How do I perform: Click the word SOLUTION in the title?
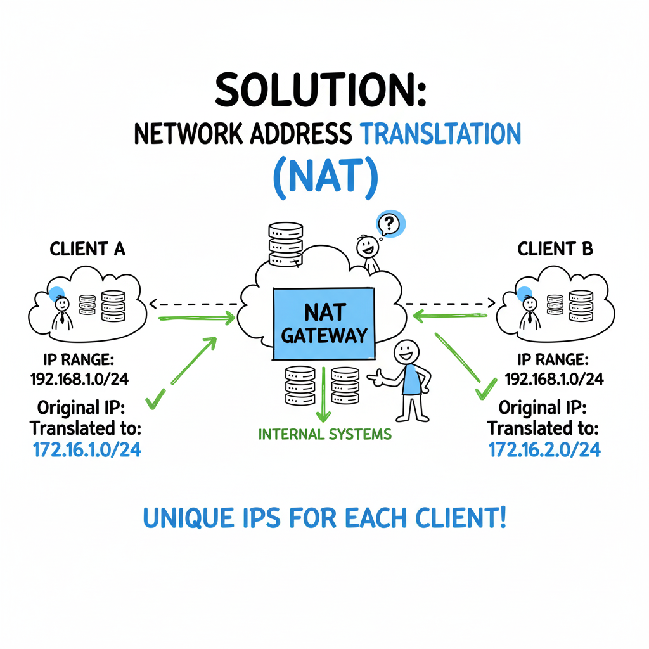click(321, 91)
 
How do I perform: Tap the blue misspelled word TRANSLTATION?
click(440, 134)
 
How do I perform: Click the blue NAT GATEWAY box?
click(323, 324)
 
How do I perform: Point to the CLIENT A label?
click(87, 249)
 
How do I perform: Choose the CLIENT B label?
click(555, 249)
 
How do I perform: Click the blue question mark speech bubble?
click(390, 223)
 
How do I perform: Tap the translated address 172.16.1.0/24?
click(87, 449)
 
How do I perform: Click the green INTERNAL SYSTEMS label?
click(324, 435)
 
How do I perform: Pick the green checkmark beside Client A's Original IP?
click(155, 399)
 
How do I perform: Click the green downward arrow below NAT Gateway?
click(324, 396)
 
